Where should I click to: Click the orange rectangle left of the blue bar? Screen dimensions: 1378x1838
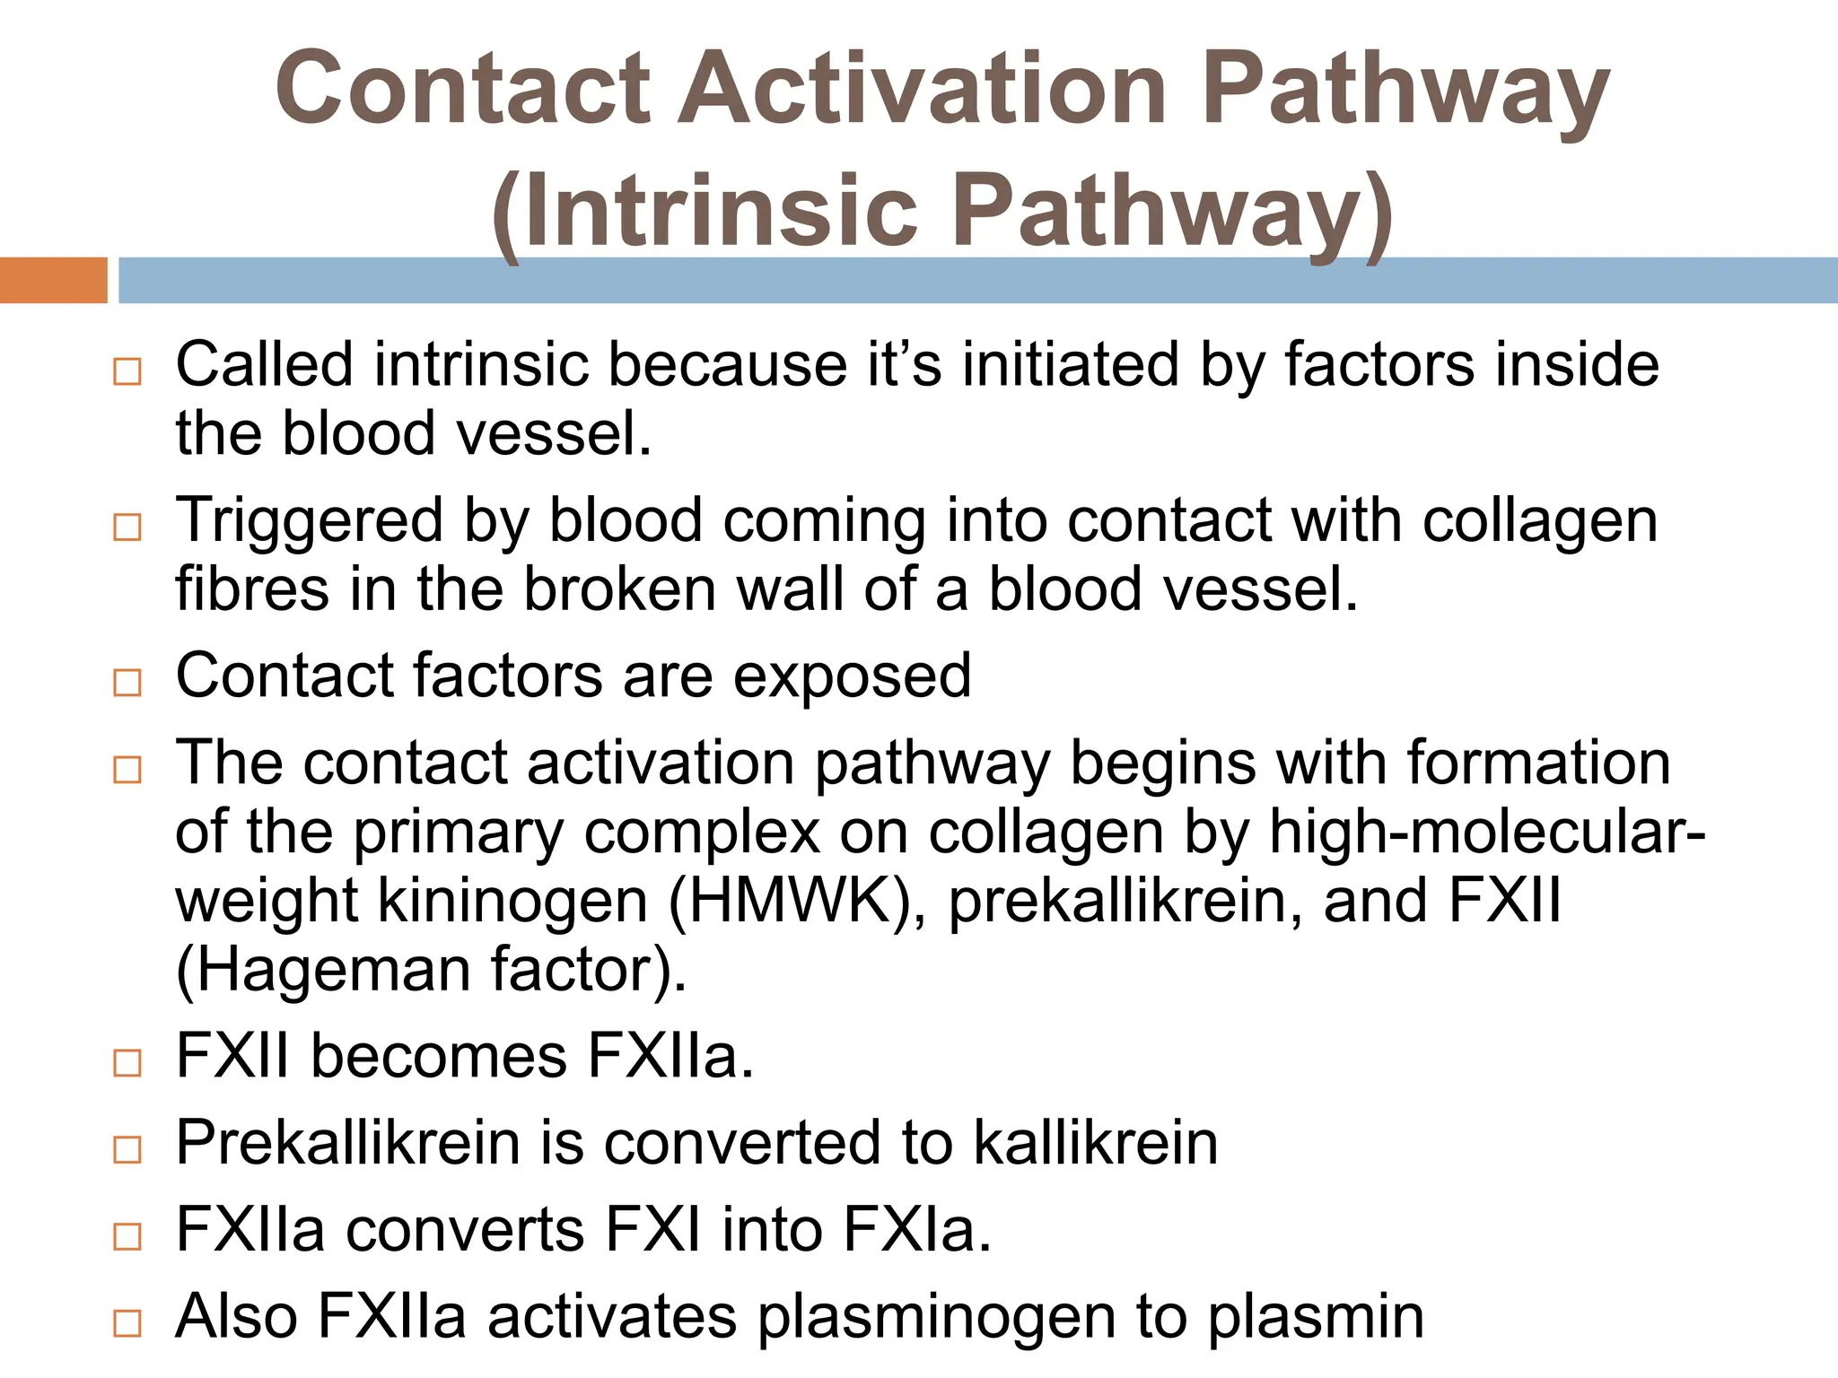53,280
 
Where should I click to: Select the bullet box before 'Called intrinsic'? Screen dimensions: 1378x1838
127,371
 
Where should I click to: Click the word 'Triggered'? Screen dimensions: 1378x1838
309,521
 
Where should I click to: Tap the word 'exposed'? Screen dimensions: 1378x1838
852,676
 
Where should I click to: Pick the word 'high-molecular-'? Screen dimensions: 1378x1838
1487,833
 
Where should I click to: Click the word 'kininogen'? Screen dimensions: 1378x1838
512,901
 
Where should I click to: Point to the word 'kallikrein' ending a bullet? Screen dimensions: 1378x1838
1096,1142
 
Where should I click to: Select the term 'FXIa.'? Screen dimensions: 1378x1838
917,1229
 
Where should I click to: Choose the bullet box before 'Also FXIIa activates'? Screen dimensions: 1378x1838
127,1323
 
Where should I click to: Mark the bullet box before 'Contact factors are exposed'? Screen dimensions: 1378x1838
127,683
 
